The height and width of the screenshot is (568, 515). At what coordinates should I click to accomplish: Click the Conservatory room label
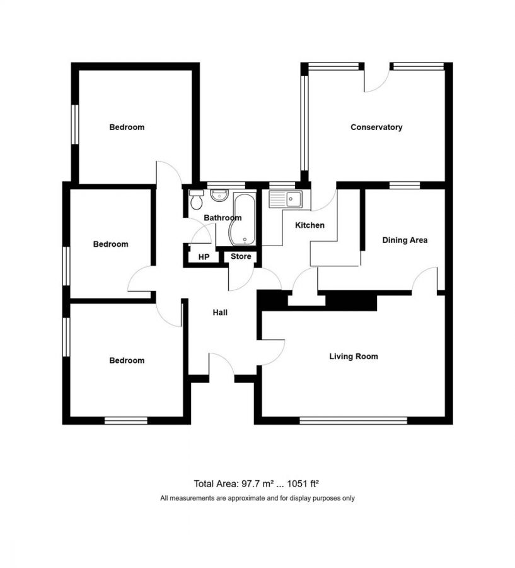[376, 127]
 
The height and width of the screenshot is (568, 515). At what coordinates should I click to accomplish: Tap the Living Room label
[354, 357]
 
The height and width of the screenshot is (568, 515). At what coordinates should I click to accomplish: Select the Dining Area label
[405, 240]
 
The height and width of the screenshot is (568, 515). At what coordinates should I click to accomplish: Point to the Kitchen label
[310, 225]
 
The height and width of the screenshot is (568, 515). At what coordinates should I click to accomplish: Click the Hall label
[220, 312]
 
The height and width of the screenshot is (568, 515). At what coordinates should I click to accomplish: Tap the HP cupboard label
[204, 257]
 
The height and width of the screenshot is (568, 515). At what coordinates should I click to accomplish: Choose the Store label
[241, 256]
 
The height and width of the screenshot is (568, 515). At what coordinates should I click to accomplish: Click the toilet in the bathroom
[197, 199]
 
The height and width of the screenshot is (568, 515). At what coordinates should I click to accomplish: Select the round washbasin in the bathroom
[219, 195]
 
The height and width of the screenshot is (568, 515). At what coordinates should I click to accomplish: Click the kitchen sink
[285, 199]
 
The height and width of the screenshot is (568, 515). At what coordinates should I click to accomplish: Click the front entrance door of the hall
[222, 364]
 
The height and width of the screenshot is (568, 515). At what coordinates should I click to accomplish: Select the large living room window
[354, 420]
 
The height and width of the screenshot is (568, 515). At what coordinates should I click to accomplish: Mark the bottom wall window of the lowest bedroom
[126, 420]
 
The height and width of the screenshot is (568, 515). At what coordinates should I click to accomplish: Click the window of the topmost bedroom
[75, 124]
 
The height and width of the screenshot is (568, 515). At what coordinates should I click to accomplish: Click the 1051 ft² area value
[303, 483]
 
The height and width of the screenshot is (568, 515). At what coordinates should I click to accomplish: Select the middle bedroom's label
[111, 244]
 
